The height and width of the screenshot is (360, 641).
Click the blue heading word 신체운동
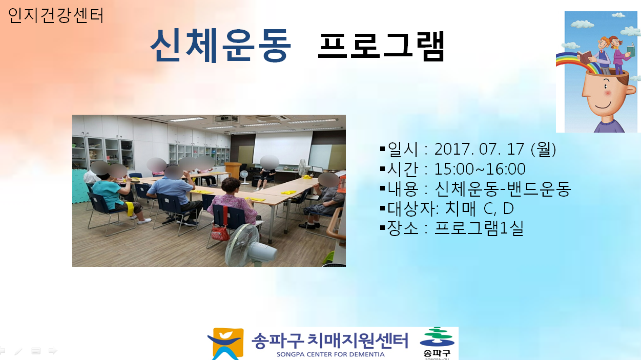click(221, 46)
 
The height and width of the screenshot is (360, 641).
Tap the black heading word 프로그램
click(381, 46)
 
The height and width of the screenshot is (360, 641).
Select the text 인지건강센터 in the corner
click(56, 15)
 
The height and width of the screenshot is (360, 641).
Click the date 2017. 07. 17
click(479, 149)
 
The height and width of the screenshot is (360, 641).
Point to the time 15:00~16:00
click(480, 169)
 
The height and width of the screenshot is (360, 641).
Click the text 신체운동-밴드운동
click(503, 189)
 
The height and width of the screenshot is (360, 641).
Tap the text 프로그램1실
click(479, 228)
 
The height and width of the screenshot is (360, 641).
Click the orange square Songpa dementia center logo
click(226, 344)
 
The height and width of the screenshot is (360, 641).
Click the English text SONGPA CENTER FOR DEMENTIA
click(330, 354)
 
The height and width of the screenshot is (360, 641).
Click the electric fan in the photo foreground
click(249, 246)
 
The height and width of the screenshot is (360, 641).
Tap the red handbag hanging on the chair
click(220, 231)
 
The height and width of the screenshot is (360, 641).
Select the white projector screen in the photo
click(283, 147)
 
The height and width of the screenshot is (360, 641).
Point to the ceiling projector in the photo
click(226, 118)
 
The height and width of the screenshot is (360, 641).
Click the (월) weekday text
click(543, 149)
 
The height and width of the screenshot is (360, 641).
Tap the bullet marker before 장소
click(383, 228)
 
